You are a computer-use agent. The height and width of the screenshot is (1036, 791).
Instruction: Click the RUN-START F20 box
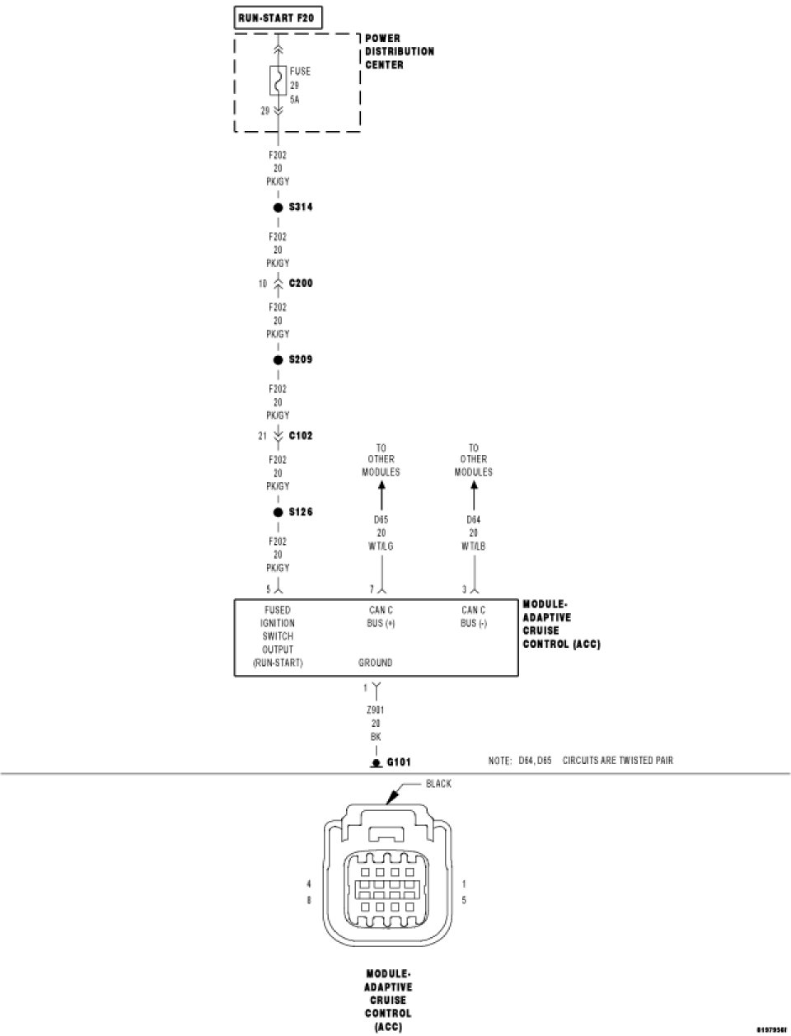[277, 17]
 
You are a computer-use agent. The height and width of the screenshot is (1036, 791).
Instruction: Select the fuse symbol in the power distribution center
[278, 83]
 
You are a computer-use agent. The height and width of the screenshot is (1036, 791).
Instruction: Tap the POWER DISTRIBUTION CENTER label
[400, 51]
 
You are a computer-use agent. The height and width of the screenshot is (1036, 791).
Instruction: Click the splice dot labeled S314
[278, 208]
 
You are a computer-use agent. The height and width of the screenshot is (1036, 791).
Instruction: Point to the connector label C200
[301, 284]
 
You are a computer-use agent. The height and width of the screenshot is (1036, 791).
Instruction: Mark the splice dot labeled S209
[278, 360]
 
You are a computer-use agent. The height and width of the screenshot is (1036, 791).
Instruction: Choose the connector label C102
[301, 436]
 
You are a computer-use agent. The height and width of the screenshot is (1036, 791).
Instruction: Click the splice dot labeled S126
[278, 513]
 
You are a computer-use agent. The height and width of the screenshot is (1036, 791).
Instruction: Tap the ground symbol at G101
[376, 763]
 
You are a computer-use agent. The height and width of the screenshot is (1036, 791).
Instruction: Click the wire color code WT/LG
[381, 546]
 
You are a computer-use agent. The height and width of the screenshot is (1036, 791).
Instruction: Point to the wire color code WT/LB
[474, 546]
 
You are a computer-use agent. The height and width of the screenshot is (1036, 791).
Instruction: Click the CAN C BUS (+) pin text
[381, 617]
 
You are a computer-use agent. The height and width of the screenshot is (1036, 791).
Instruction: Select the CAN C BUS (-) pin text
[474, 617]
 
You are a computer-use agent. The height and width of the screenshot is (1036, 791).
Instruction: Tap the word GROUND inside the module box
[375, 663]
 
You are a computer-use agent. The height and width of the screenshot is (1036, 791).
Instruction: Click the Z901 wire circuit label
[377, 710]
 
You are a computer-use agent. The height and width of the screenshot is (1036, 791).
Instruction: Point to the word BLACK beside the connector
[438, 784]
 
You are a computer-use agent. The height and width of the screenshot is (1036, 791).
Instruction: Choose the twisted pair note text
[580, 760]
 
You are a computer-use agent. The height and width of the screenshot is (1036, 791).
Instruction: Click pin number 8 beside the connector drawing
[309, 901]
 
